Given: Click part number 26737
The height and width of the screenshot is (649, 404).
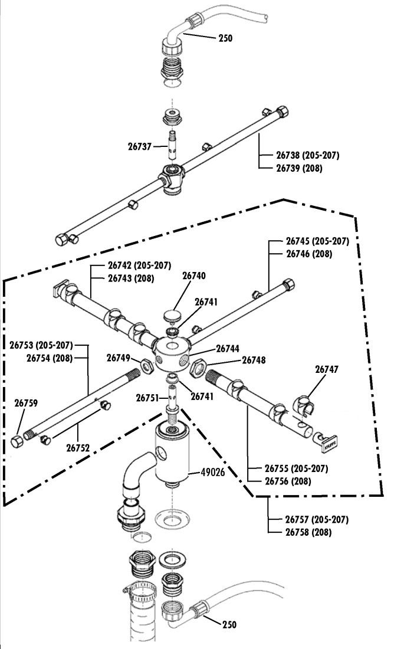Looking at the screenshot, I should (139, 146).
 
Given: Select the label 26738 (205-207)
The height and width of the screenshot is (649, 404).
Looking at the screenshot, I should (308, 156).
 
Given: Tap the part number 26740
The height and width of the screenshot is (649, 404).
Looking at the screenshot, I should (193, 276).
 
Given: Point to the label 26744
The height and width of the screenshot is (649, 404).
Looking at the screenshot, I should (228, 348).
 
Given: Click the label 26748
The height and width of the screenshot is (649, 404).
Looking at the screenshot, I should (254, 360).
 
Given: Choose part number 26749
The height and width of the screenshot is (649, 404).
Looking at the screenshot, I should (118, 358).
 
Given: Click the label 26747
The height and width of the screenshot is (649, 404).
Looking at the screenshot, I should (327, 369).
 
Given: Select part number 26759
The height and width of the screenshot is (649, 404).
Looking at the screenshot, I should (26, 404).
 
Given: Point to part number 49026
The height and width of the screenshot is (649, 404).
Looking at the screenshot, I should (212, 472).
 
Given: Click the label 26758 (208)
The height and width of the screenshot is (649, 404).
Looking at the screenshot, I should (308, 532).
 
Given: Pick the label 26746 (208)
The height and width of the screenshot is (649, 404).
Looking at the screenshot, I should (309, 254).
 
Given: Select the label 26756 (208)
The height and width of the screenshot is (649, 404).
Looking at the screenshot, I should (288, 481).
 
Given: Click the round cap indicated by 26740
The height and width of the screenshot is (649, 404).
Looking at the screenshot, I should (172, 313).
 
